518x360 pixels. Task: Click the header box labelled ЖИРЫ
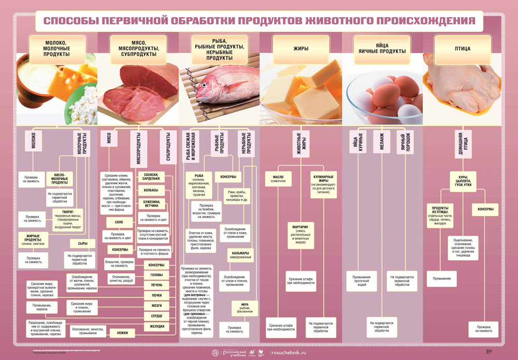pos(301,49)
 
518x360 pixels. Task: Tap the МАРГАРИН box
pos(301,235)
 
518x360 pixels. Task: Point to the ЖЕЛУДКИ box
pos(157,326)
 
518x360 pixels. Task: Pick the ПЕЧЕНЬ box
pos(157,285)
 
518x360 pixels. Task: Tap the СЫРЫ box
pos(82,243)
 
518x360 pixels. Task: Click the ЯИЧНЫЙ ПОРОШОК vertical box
pos(406,142)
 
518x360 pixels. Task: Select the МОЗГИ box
pos(157,306)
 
